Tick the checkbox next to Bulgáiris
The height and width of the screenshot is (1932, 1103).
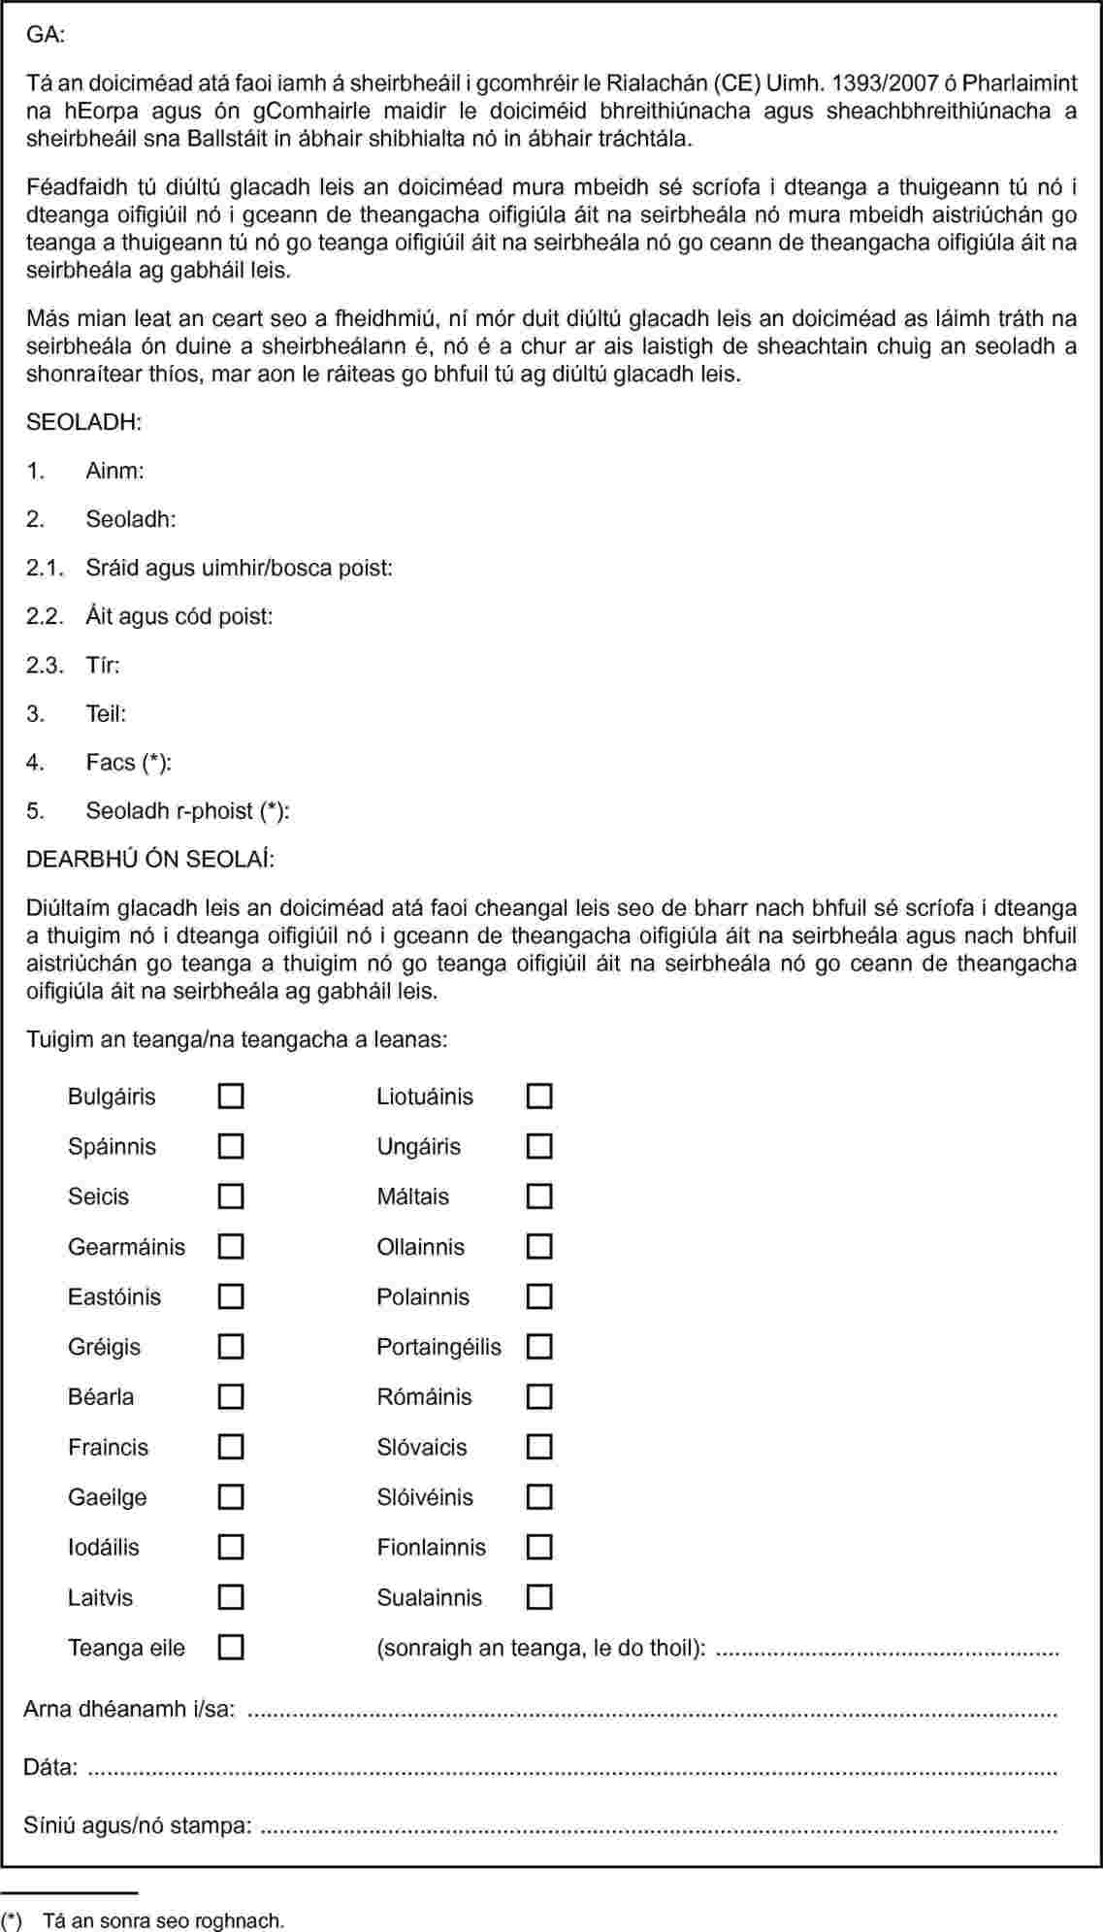(231, 1097)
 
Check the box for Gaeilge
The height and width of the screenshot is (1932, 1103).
(231, 1497)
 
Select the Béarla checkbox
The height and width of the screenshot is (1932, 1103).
(231, 1397)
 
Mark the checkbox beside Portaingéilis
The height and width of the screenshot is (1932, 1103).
(539, 1347)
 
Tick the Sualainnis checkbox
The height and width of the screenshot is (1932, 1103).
(539, 1597)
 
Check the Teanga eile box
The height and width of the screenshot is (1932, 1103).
(231, 1648)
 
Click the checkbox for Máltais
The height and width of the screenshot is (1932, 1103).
(539, 1196)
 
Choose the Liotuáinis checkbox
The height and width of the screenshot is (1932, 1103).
(539, 1097)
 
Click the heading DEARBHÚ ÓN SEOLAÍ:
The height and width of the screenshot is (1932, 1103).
(150, 860)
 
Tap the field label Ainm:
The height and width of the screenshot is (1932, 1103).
(114, 471)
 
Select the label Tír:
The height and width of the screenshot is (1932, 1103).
(103, 666)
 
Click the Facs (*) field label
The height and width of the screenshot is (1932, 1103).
(128, 763)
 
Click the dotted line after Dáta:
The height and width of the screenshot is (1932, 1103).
(572, 1768)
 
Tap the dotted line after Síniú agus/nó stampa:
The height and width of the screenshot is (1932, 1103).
(660, 1826)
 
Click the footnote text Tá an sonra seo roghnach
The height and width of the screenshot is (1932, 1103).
(164, 1920)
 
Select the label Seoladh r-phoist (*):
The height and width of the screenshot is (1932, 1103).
(187, 811)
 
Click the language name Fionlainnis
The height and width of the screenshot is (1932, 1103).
(432, 1548)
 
